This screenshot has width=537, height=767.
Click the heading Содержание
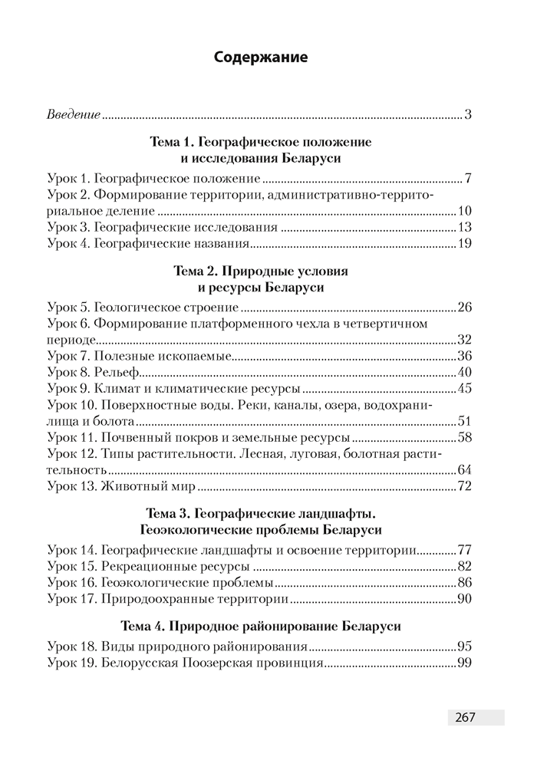coord(261,57)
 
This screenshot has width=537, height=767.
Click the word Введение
coord(74,115)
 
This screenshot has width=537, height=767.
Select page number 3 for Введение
coord(467,115)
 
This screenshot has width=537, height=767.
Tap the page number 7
coord(467,179)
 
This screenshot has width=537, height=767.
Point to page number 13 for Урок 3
coord(463,228)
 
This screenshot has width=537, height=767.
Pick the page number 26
coord(463,308)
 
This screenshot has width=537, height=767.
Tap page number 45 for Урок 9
coord(463,388)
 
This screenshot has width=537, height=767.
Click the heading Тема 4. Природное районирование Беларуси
coord(261,626)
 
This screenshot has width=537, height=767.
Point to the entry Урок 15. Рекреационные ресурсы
coord(149,566)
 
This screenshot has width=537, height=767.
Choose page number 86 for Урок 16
coord(463,582)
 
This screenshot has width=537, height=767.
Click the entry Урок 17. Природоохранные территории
coord(167,598)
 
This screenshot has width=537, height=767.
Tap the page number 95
coord(463,646)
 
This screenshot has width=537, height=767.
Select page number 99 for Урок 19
coord(463,662)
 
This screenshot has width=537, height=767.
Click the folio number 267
coord(466,717)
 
